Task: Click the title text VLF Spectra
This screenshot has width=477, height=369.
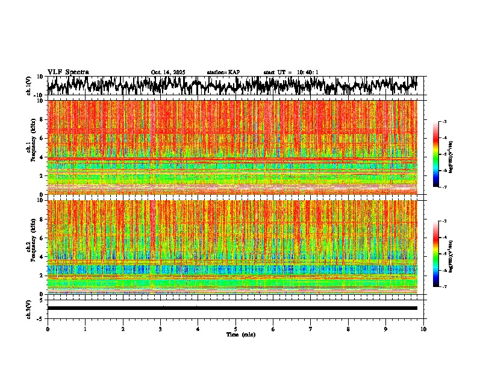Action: coord(68,72)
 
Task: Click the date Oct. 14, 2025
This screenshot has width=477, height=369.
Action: coord(168,72)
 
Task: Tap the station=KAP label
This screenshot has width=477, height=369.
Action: coord(223,72)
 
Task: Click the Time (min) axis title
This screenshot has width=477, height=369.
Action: coord(241,334)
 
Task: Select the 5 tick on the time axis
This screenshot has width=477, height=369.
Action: coord(235,329)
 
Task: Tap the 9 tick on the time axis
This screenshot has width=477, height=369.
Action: coord(386,329)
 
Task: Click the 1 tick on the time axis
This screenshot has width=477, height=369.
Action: coord(85,329)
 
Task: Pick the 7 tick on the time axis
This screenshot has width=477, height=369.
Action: coord(311,329)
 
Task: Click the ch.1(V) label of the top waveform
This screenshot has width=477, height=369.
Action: coord(30,86)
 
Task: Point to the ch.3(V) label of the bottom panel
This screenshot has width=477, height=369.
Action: coord(30,308)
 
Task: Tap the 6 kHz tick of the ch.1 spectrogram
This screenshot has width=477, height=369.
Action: coord(42,138)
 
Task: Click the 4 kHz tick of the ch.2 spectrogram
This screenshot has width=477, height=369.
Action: coord(42,257)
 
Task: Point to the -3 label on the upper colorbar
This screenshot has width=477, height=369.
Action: coord(443,122)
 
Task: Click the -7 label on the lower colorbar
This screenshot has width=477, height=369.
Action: coord(443,287)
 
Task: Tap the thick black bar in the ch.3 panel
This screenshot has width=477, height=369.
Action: coord(232,308)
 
